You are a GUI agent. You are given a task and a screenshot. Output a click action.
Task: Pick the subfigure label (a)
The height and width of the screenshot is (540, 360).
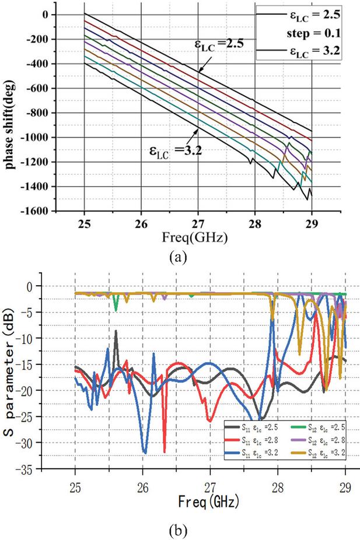point(177,257)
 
